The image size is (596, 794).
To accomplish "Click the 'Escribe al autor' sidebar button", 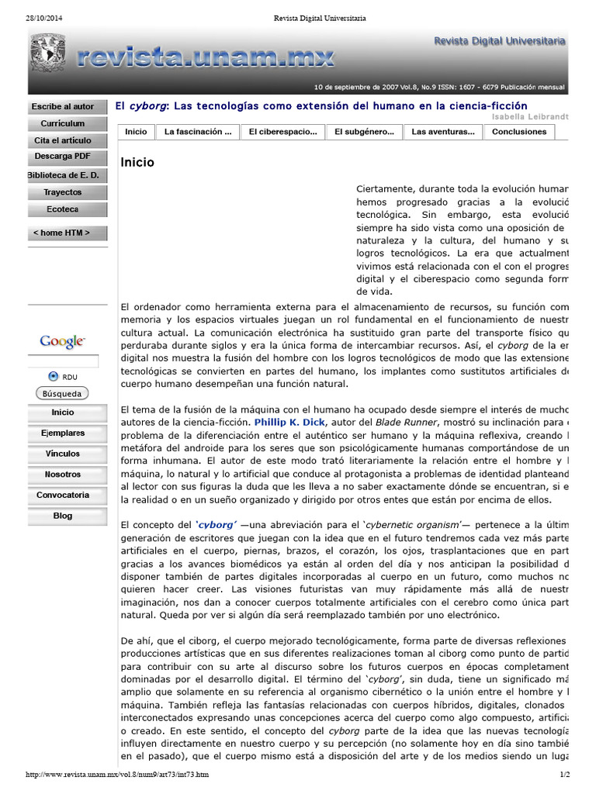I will [63, 106].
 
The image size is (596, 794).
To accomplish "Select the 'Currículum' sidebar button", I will [63, 123].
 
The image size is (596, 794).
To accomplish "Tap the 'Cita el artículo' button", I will [63, 140].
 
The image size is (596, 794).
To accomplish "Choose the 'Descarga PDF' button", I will [63, 157].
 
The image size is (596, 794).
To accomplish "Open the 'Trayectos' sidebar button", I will [63, 192].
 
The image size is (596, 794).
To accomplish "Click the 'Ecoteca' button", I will [63, 209].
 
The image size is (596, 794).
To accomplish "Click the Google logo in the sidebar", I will [62, 341].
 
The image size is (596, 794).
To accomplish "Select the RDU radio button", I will [53, 376].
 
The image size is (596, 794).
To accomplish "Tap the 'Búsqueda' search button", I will [62, 393].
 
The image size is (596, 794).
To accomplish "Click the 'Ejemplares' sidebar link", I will [64, 433].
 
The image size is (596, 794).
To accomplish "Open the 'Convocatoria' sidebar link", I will [64, 495].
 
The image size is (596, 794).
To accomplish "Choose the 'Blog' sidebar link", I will [64, 516].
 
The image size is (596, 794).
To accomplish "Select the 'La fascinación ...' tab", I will [198, 132].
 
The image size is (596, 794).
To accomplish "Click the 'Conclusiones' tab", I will [519, 132].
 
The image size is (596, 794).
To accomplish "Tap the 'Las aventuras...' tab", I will [442, 132].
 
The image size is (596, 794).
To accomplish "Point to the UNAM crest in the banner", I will [47, 54].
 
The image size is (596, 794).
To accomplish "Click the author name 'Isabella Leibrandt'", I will [530, 116].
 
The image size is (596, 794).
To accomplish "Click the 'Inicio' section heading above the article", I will [137, 162].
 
